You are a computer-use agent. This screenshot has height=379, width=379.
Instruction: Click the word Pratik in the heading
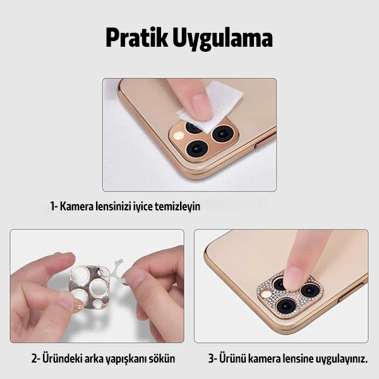[x=136, y=38]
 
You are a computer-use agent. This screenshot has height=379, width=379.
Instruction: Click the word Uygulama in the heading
[x=222, y=39]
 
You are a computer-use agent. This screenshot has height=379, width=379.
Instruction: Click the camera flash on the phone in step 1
[x=179, y=135]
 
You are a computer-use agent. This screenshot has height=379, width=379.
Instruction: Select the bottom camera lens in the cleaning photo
[x=197, y=148]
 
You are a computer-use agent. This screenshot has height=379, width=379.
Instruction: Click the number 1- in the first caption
[x=54, y=207]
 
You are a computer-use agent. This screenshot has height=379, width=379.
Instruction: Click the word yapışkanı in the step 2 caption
[x=126, y=359]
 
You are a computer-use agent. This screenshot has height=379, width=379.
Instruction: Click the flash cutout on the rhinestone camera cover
[x=267, y=294]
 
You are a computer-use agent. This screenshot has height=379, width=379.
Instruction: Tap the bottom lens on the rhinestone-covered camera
[x=286, y=306]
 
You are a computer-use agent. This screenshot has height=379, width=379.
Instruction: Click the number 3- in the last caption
[x=213, y=358]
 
